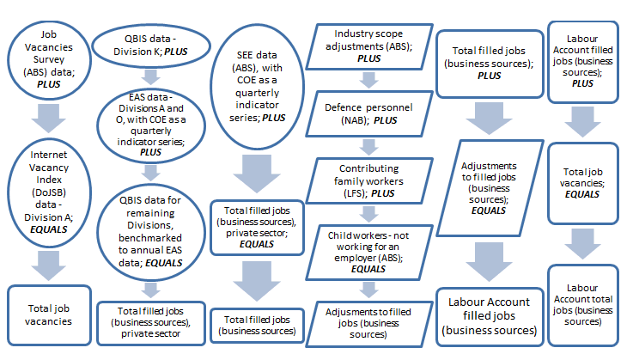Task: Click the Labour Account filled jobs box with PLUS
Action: [584, 60]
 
